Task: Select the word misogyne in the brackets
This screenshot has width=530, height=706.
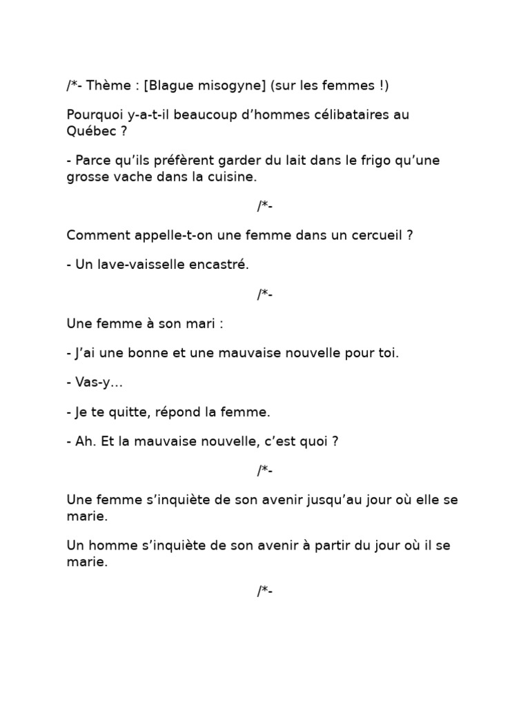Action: pyautogui.click(x=231, y=85)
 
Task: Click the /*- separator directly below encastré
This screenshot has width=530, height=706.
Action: pyautogui.click(x=265, y=294)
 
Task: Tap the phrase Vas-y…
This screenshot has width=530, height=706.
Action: pyautogui.click(x=95, y=383)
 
